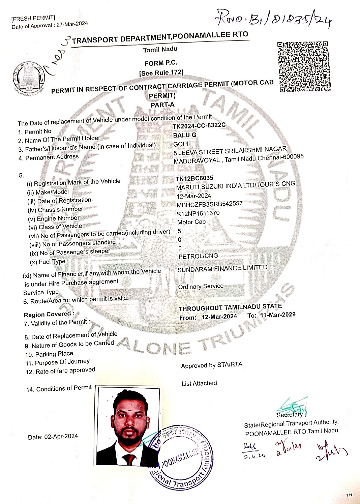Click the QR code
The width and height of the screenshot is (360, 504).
[x=304, y=67]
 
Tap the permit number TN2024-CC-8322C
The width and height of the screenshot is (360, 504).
[x=199, y=126]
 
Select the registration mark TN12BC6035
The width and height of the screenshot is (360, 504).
[x=194, y=178]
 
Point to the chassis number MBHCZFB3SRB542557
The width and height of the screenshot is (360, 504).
[x=210, y=204]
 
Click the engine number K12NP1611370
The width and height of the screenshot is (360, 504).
[x=198, y=213]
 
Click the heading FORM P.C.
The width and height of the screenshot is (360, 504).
[x=161, y=63]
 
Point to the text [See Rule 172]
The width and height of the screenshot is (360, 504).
[x=161, y=73]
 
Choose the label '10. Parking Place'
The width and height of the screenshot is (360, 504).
[x=49, y=354]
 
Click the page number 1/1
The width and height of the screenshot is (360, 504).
[x=349, y=495]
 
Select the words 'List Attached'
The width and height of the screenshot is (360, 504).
[x=199, y=383]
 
